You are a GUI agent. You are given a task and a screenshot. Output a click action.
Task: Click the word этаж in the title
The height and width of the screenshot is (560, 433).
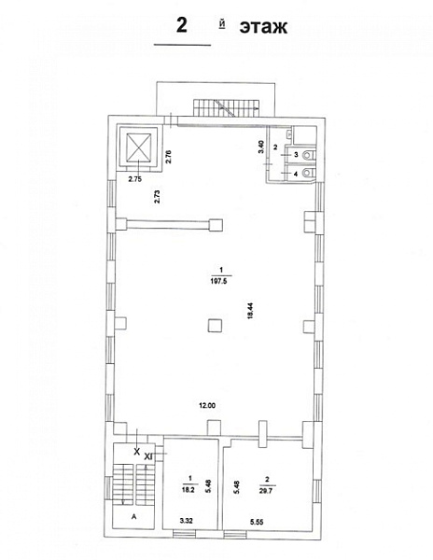pos(263,27)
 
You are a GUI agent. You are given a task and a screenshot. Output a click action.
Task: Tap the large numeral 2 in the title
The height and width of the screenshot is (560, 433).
pos(182,25)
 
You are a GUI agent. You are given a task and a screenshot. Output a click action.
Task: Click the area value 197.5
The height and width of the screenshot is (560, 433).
pos(218,281)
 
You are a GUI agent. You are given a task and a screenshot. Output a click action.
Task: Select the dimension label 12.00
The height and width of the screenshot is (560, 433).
pos(207,405)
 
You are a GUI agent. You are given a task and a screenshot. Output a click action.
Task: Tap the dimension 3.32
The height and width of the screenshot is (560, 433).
pos(186,521)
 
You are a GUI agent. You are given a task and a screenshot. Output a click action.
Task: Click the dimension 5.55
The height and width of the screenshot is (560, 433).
pos(257,522)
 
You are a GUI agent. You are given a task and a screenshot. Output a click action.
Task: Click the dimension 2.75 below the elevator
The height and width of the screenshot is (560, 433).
pos(135,179)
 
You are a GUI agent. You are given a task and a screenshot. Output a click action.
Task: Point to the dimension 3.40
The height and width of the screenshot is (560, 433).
pos(261,147)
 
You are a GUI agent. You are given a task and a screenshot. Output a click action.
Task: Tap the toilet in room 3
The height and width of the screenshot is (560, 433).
pos(307,155)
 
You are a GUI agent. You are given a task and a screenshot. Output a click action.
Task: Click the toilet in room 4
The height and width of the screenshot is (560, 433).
pos(307,174)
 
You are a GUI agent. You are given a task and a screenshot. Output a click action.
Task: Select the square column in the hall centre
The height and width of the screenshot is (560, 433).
pos(216,326)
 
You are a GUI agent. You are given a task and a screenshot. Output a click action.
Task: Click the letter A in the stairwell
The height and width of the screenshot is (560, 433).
pos(134,516)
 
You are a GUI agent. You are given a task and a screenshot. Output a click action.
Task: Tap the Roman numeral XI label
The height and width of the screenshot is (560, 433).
pos(148,456)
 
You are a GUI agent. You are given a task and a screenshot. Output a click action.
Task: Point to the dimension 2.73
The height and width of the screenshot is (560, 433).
pos(157,196)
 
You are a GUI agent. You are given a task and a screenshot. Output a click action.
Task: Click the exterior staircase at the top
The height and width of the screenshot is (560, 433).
pos(227,107)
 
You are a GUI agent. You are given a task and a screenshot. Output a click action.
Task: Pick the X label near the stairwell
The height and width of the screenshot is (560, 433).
pos(136,452)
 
